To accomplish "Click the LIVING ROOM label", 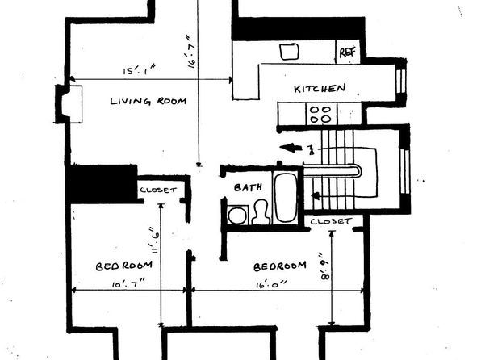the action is click(148, 101).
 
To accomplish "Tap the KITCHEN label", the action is click(320, 89).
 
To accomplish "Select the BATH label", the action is click(248, 187).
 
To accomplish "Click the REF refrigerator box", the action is click(348, 52).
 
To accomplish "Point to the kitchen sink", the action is click(289, 52).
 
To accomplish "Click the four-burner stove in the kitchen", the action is click(321, 114).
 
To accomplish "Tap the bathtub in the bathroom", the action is click(285, 196).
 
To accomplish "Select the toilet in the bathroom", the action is click(261, 211).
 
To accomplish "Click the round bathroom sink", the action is click(237, 216).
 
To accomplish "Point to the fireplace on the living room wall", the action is click(69, 104).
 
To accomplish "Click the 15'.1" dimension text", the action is click(140, 70).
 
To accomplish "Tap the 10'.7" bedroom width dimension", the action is click(128, 283).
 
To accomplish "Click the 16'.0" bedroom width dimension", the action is click(271, 284).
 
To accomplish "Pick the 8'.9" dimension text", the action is click(325, 266).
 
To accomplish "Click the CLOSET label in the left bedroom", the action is click(158, 190).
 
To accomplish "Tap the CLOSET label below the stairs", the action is click(331, 221).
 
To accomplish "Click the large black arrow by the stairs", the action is click(291, 148).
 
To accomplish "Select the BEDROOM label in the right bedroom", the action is click(280, 266).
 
